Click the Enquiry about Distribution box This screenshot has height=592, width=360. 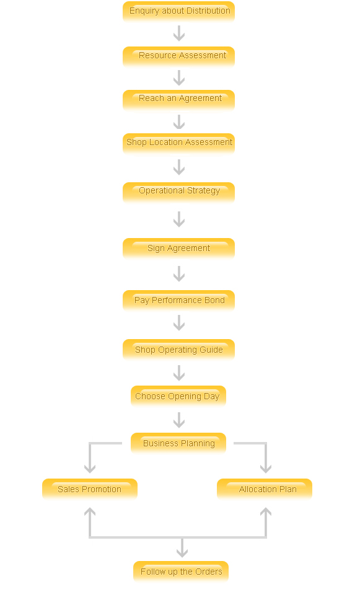[x=178, y=11]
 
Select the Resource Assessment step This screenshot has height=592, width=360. [x=178, y=56]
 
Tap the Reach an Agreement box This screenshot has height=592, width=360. [x=178, y=100]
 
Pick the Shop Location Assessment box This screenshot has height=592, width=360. [x=178, y=143]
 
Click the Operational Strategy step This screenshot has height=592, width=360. [x=178, y=192]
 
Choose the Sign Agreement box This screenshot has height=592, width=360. [x=178, y=248]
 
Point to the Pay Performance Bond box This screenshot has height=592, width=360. [x=178, y=300]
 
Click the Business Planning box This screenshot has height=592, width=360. [x=178, y=443]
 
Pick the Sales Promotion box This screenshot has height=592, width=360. [x=90, y=488]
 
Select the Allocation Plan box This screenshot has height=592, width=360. [x=265, y=488]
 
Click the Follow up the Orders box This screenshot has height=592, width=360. [x=181, y=572]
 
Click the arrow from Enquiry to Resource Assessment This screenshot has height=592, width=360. [x=179, y=33]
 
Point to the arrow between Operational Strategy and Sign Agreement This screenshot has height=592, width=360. [x=179, y=219]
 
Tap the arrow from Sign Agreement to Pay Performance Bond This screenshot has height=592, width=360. [x=179, y=274]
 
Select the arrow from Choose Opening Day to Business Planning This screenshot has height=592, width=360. [x=179, y=420]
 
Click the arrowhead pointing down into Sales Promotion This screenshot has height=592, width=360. [x=90, y=469]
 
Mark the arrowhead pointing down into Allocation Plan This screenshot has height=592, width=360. [x=266, y=469]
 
